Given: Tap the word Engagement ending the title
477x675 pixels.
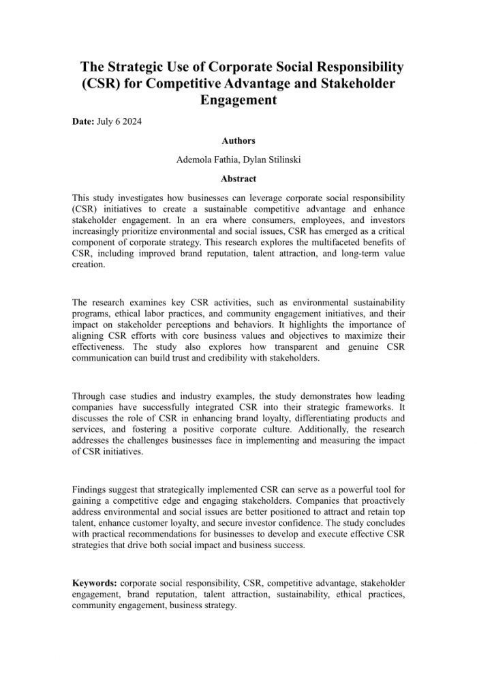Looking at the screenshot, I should coord(238,100).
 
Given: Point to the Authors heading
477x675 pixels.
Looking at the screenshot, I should coord(238,141).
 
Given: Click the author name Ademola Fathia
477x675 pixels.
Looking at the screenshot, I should coord(204,160).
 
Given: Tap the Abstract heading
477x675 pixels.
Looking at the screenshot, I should coord(238,179).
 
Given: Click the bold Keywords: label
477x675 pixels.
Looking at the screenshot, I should coord(95,583).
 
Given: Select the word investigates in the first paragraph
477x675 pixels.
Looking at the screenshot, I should coord(133,196).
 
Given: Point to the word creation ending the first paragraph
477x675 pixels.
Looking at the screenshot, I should coord(89,266).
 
